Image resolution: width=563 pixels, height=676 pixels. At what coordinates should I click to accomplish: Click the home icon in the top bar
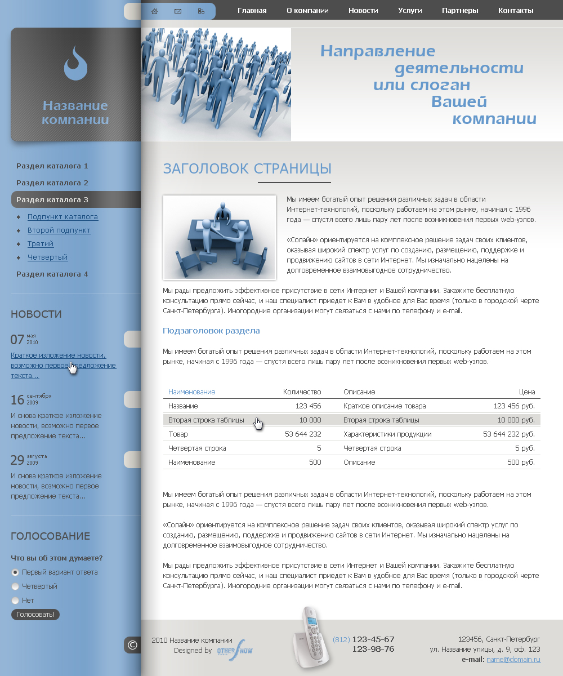pyautogui.click(x=155, y=11)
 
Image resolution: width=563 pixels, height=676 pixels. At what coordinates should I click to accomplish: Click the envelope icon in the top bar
pyautogui.click(x=178, y=11)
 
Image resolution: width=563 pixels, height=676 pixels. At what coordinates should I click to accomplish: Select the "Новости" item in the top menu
pyautogui.click(x=363, y=11)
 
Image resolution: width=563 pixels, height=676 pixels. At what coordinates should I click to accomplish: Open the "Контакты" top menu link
pyautogui.click(x=516, y=11)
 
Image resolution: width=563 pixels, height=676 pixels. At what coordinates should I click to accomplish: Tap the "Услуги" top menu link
pyautogui.click(x=410, y=11)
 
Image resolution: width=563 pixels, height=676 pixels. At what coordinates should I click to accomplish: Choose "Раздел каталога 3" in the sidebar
pyautogui.click(x=52, y=199)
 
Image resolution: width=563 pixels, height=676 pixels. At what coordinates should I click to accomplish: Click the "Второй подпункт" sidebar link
pyautogui.click(x=59, y=230)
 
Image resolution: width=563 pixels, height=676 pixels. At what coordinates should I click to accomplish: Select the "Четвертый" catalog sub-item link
pyautogui.click(x=48, y=257)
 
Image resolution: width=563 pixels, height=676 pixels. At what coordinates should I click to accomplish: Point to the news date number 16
pyautogui.click(x=17, y=400)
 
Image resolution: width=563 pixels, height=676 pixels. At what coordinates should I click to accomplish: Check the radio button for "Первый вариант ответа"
pyautogui.click(x=16, y=572)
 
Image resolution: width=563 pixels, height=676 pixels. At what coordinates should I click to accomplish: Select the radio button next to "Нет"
pyautogui.click(x=16, y=601)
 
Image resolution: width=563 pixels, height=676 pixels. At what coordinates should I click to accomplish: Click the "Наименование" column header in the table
pyautogui.click(x=192, y=392)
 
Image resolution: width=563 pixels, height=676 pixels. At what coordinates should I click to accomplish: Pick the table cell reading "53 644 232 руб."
pyautogui.click(x=509, y=434)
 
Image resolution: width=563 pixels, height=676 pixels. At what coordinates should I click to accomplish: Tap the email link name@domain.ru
pyautogui.click(x=513, y=660)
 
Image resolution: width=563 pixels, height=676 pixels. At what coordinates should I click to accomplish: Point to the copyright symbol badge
pyautogui.click(x=132, y=645)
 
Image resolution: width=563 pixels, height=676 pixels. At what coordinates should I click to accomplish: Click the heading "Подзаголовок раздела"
pyautogui.click(x=211, y=331)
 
